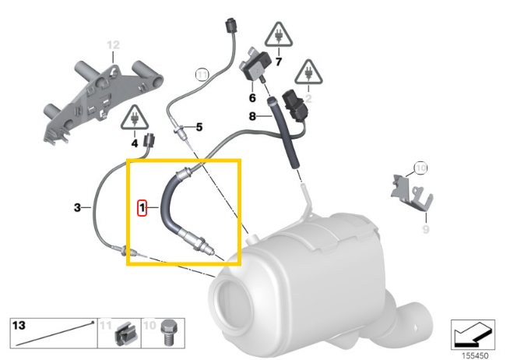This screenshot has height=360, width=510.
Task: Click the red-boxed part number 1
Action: point(141,208)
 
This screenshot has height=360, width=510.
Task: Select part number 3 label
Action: point(77,207)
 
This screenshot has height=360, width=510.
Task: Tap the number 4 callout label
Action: point(134,143)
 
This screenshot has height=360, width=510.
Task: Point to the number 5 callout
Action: point(199,126)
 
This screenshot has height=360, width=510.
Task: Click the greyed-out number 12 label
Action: point(114,44)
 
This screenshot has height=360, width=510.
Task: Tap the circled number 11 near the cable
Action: point(202,75)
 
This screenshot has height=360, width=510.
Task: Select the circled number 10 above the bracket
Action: point(420,168)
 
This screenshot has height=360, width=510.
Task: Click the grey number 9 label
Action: point(425,229)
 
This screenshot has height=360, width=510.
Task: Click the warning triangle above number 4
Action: point(135,119)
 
